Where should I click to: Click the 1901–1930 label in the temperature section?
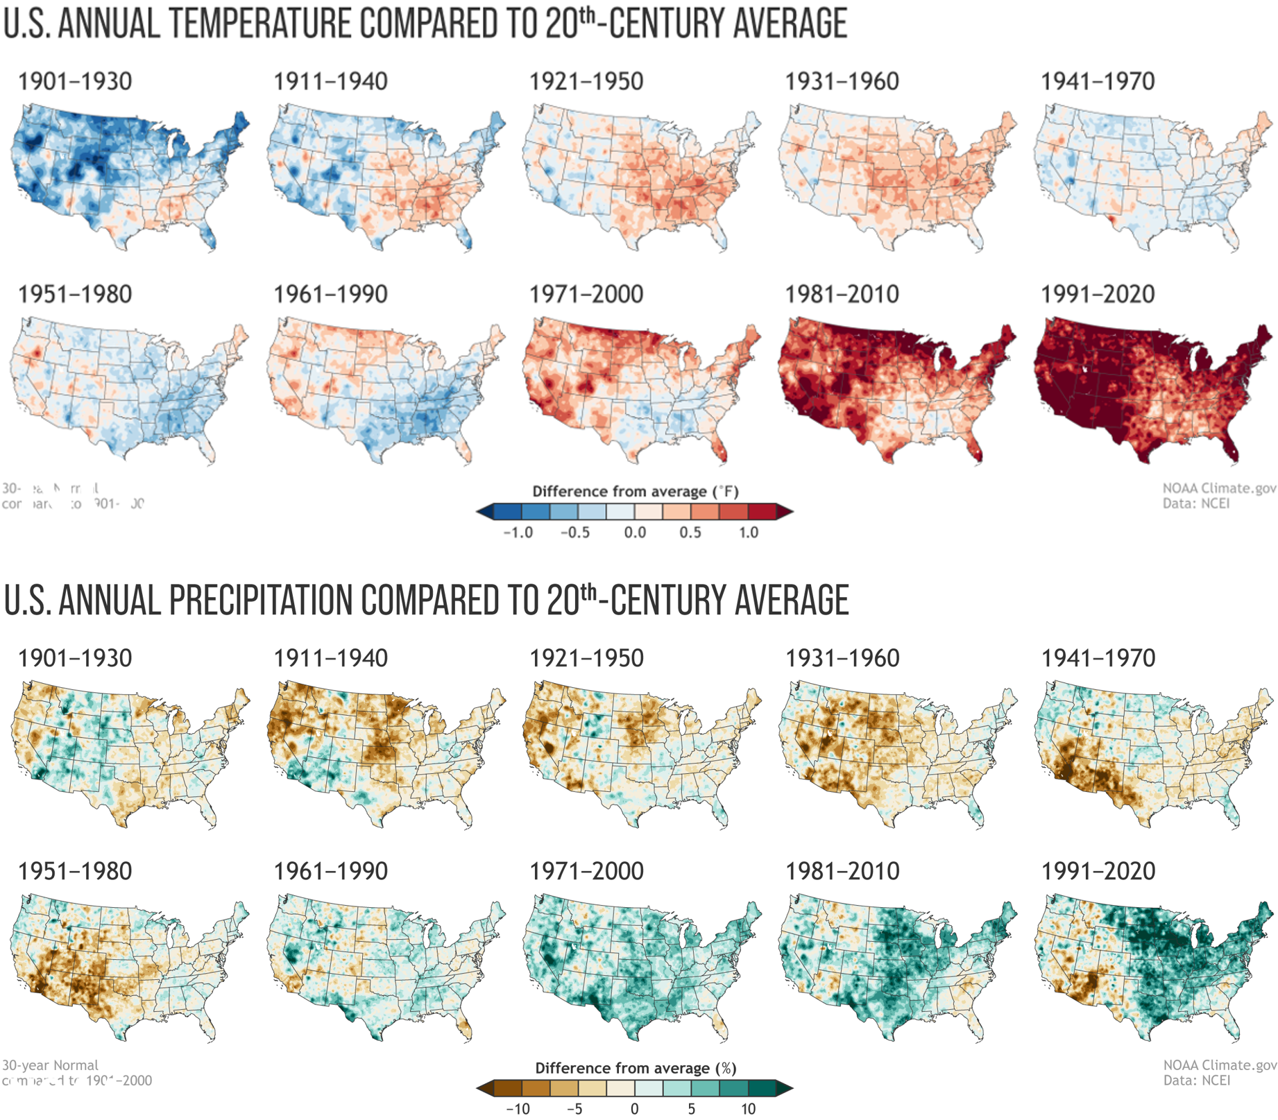(x=75, y=81)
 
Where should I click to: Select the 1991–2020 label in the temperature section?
(x=1098, y=294)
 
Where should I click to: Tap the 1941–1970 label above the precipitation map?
(x=1098, y=658)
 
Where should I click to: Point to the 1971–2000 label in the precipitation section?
(x=586, y=871)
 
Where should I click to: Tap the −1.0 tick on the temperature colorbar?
(x=518, y=533)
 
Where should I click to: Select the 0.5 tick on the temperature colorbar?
(x=690, y=533)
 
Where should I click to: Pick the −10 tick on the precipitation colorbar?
(x=518, y=1109)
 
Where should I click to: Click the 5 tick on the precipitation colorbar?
(x=692, y=1109)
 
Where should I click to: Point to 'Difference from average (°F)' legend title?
(x=635, y=492)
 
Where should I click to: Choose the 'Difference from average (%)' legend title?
(x=635, y=1068)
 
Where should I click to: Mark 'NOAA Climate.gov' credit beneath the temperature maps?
(x=1219, y=488)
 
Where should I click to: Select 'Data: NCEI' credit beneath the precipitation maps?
(x=1196, y=1080)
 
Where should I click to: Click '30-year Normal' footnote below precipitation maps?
(x=50, y=1065)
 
